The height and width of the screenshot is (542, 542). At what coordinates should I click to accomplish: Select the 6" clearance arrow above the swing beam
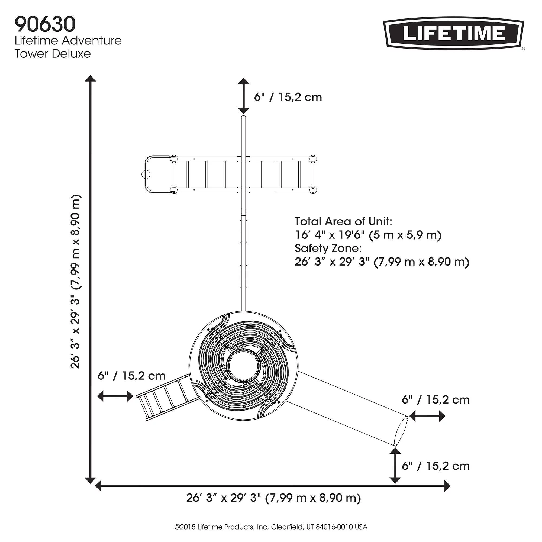click(244, 96)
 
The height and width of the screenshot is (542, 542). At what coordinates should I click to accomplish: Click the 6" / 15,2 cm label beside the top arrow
click(288, 97)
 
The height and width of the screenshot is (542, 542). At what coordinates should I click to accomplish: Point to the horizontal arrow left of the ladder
click(115, 396)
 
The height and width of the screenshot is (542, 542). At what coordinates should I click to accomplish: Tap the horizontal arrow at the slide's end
click(427, 416)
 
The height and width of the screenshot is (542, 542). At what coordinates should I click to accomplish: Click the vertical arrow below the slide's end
click(395, 465)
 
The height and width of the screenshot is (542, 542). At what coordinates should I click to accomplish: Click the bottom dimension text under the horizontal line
click(273, 498)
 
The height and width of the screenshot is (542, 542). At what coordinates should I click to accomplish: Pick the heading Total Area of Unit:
click(343, 222)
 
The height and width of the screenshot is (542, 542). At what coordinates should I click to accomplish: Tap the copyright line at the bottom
click(271, 527)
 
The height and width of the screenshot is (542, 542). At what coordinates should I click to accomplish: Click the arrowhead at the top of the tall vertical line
click(90, 79)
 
